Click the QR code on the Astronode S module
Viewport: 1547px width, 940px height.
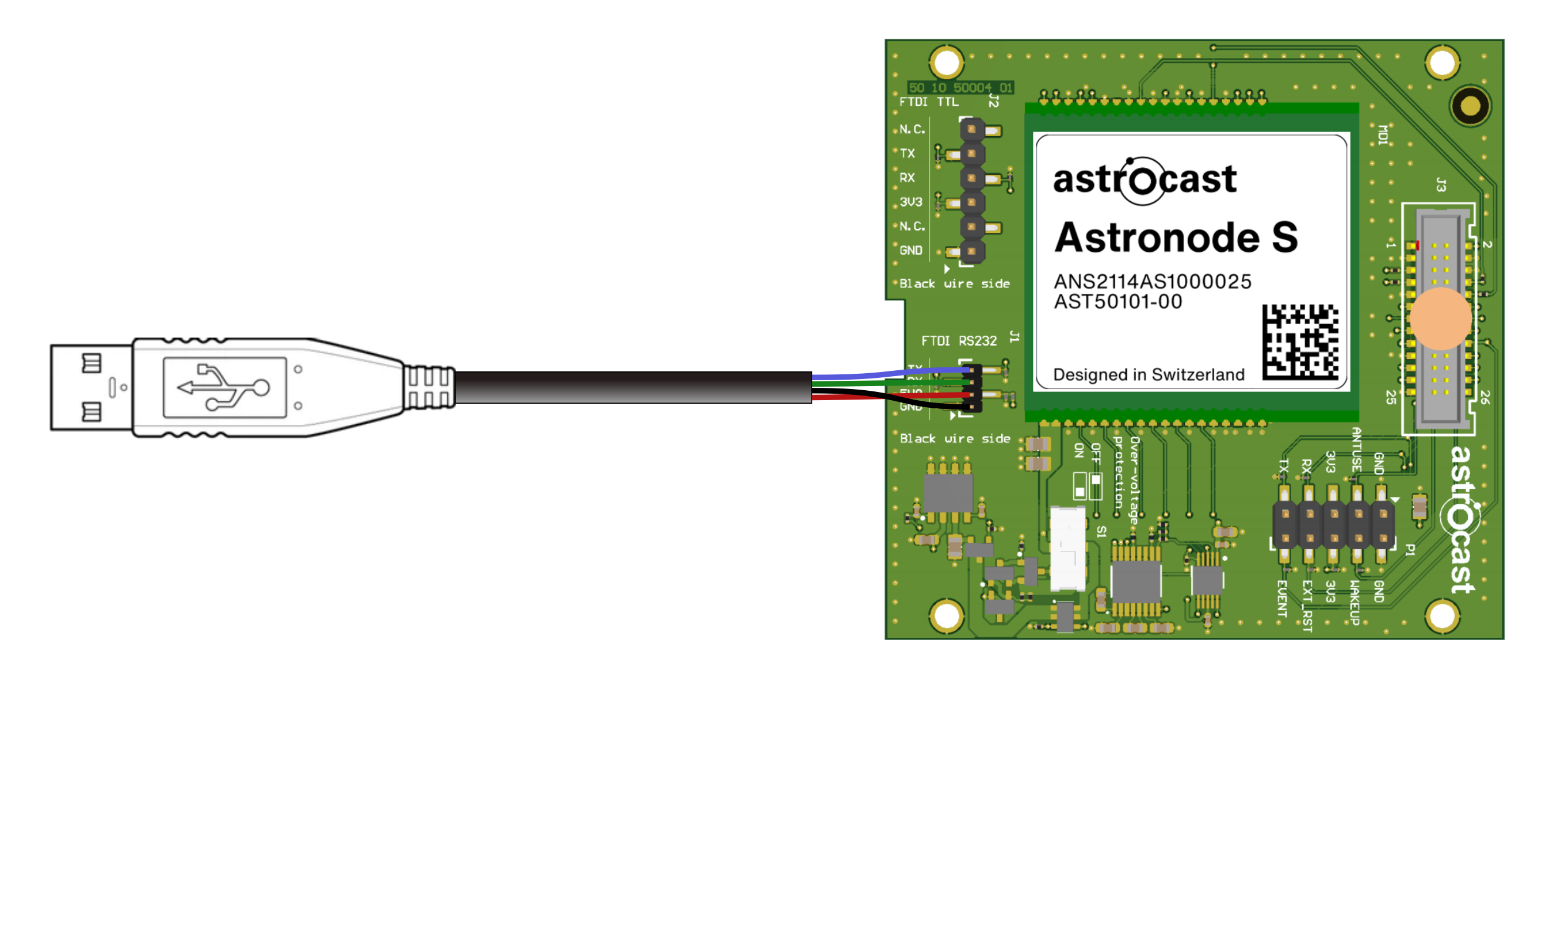tap(1301, 342)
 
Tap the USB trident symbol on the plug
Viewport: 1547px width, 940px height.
tap(224, 387)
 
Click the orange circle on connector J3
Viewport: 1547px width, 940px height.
tap(1440, 319)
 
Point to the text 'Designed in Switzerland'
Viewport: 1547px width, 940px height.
tap(1149, 375)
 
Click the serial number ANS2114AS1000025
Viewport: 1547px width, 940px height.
tap(1152, 281)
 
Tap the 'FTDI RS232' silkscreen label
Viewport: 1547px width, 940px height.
tap(959, 341)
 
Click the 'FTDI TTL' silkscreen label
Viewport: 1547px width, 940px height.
tap(928, 102)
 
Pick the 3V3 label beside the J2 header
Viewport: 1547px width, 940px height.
tap(910, 202)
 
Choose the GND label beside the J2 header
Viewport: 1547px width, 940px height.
tap(910, 251)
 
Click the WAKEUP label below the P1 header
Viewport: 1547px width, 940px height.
tap(1355, 602)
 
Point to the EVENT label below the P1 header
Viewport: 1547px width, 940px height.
tap(1283, 599)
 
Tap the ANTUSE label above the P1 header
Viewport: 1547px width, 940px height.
tap(1356, 449)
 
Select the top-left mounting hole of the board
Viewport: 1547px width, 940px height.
tap(946, 62)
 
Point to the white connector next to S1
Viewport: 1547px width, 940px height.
tap(1068, 549)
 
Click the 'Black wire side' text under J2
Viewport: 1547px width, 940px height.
tap(954, 284)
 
